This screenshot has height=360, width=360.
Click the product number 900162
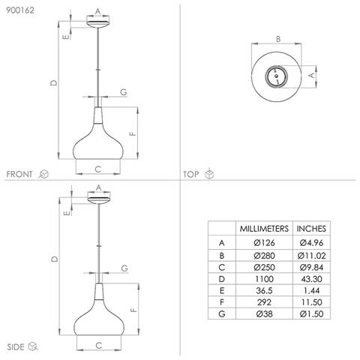(20, 10)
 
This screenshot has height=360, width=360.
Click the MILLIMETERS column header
(264, 229)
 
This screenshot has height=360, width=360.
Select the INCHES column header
(311, 229)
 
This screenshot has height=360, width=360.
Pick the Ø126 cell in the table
(264, 242)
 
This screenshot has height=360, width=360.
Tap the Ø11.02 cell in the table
(311, 256)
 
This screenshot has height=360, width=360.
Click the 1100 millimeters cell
(264, 279)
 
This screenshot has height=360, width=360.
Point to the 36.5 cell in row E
(264, 290)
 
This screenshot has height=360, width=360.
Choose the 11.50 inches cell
(311, 302)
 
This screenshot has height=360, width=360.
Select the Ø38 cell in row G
(264, 313)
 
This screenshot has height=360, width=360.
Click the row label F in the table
(221, 302)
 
